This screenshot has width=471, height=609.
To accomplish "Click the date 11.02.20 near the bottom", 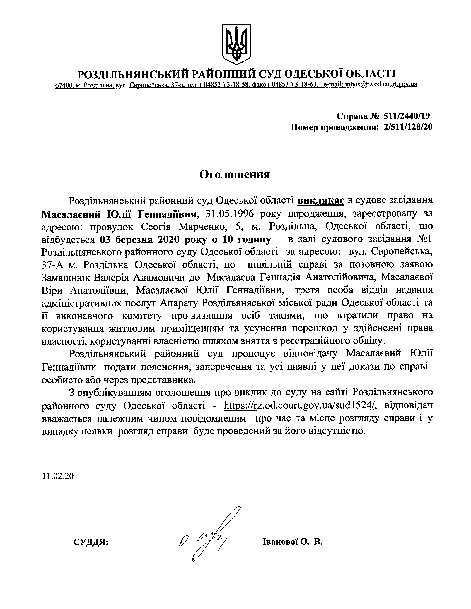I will pos(58,476).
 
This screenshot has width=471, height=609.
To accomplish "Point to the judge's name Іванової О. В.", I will pos(292,541).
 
